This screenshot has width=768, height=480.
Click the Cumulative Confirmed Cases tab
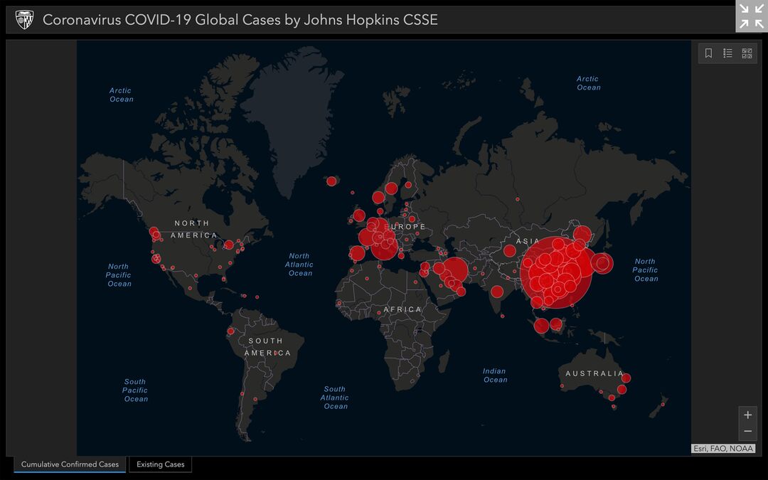pos(70,464)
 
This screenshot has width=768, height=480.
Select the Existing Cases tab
pos(160,464)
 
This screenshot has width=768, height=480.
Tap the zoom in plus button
pos(747,415)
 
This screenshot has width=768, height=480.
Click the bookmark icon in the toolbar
pos(708,53)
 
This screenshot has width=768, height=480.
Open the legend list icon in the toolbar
pos(727,53)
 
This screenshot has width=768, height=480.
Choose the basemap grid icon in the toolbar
pos(747,53)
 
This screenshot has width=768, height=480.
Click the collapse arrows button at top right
pos(751,16)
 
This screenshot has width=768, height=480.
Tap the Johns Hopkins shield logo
pos(24,20)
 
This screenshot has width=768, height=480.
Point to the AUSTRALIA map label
pos(594,373)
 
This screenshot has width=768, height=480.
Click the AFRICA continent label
pos(402,309)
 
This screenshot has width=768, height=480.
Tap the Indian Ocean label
pos(495,375)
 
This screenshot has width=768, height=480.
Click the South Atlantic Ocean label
pos(335,398)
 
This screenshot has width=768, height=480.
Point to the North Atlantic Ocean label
pos(299,265)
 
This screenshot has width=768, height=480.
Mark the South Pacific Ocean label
pos(135,390)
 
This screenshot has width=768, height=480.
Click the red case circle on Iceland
pos(331,181)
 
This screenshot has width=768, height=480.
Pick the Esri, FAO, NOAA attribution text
pos(722,449)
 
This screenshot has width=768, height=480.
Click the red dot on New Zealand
pos(663,404)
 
